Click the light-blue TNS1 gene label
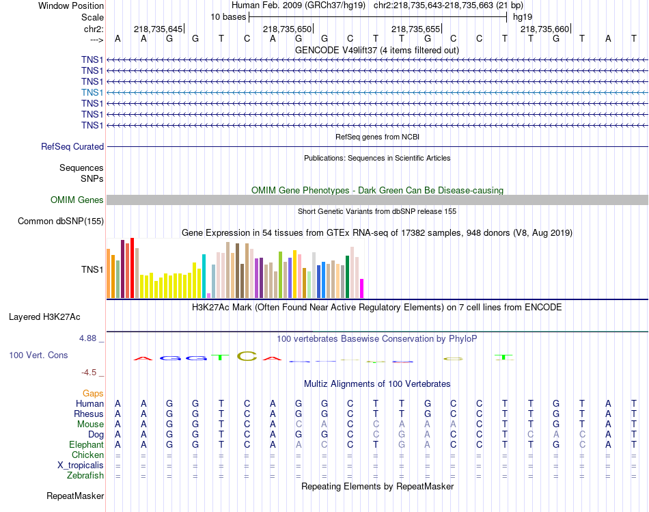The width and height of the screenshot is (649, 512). pyautogui.click(x=92, y=92)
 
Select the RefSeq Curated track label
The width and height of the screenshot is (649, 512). pyautogui.click(x=72, y=146)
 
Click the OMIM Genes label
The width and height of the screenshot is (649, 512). pyautogui.click(x=77, y=200)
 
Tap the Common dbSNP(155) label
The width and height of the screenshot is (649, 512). pyautogui.click(x=61, y=221)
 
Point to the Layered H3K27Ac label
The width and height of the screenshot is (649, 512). pyautogui.click(x=44, y=316)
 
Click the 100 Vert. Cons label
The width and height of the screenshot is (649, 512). pyautogui.click(x=38, y=355)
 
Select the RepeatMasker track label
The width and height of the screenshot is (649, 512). pyautogui.click(x=75, y=496)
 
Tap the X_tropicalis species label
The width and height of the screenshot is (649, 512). pyautogui.click(x=81, y=465)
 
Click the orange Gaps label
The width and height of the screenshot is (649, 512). pyautogui.click(x=93, y=393)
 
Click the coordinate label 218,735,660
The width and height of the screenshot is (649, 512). pyautogui.click(x=544, y=29)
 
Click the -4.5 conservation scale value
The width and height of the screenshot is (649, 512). pyautogui.click(x=92, y=373)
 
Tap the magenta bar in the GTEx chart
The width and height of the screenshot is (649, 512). pyautogui.click(x=362, y=288)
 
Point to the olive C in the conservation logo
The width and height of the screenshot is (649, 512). pyautogui.click(x=246, y=356)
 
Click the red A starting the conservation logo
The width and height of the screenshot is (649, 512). pyautogui.click(x=141, y=358)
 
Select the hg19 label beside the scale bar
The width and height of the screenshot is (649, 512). pyautogui.click(x=523, y=16)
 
